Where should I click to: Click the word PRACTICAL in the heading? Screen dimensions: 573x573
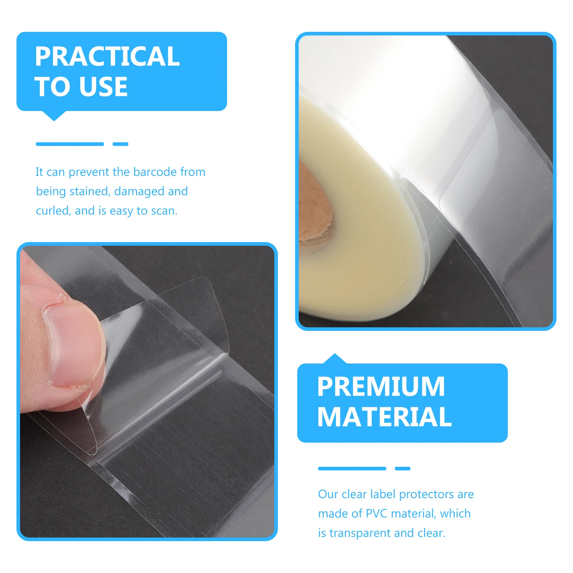[x=107, y=57]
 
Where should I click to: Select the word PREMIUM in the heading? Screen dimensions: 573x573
[x=381, y=387]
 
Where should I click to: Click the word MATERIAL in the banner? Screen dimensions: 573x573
[x=384, y=417]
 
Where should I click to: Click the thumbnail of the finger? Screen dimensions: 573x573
[x=73, y=344]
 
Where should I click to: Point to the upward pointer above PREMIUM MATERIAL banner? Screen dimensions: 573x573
[x=335, y=358]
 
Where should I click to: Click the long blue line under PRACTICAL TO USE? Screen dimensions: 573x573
[x=70, y=144]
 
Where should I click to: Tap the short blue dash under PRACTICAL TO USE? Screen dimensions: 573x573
[x=120, y=144]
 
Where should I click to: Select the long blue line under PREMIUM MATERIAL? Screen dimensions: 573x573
[x=352, y=468]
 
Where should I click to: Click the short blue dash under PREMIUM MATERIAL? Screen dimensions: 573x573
[x=403, y=468]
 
